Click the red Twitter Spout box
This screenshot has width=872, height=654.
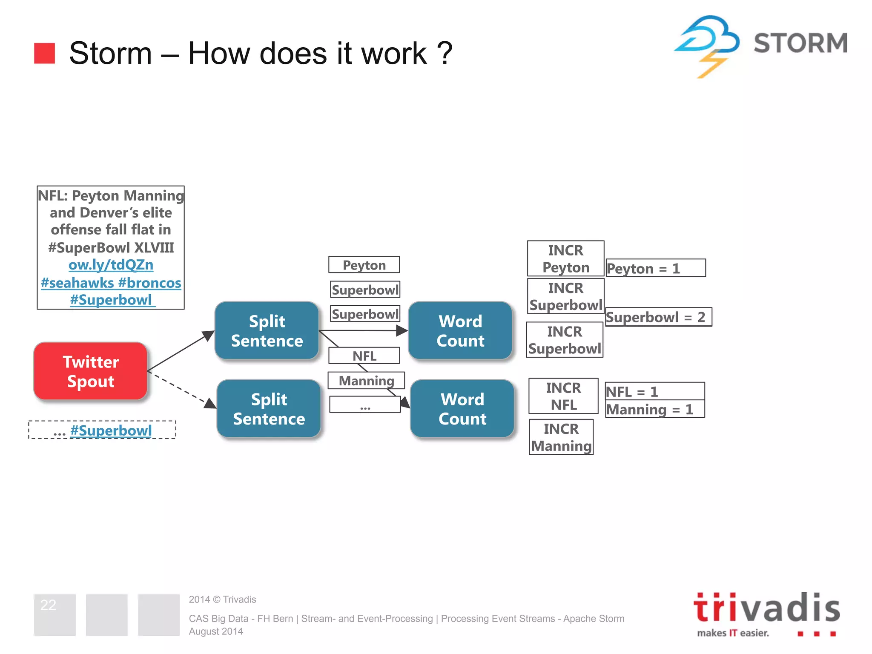click(90, 371)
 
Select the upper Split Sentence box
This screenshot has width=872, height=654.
click(267, 331)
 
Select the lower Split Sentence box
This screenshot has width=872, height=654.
click(269, 409)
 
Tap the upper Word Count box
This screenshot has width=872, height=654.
click(460, 331)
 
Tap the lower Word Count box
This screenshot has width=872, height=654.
click(462, 409)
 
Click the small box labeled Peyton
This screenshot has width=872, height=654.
click(364, 265)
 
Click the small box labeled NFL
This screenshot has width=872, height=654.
click(364, 356)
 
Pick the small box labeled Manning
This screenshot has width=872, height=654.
click(366, 380)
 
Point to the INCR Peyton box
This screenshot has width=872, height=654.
click(565, 259)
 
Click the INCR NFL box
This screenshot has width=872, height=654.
click(563, 396)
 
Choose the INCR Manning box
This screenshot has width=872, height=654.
click(561, 437)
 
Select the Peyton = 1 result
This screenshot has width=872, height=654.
click(655, 268)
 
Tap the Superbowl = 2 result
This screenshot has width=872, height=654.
click(658, 317)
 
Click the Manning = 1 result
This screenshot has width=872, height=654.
click(655, 410)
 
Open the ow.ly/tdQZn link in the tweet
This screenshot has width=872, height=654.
click(111, 265)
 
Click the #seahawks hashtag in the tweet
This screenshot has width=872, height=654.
click(77, 283)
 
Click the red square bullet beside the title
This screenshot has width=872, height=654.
click(45, 53)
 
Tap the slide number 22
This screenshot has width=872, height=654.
click(48, 605)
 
